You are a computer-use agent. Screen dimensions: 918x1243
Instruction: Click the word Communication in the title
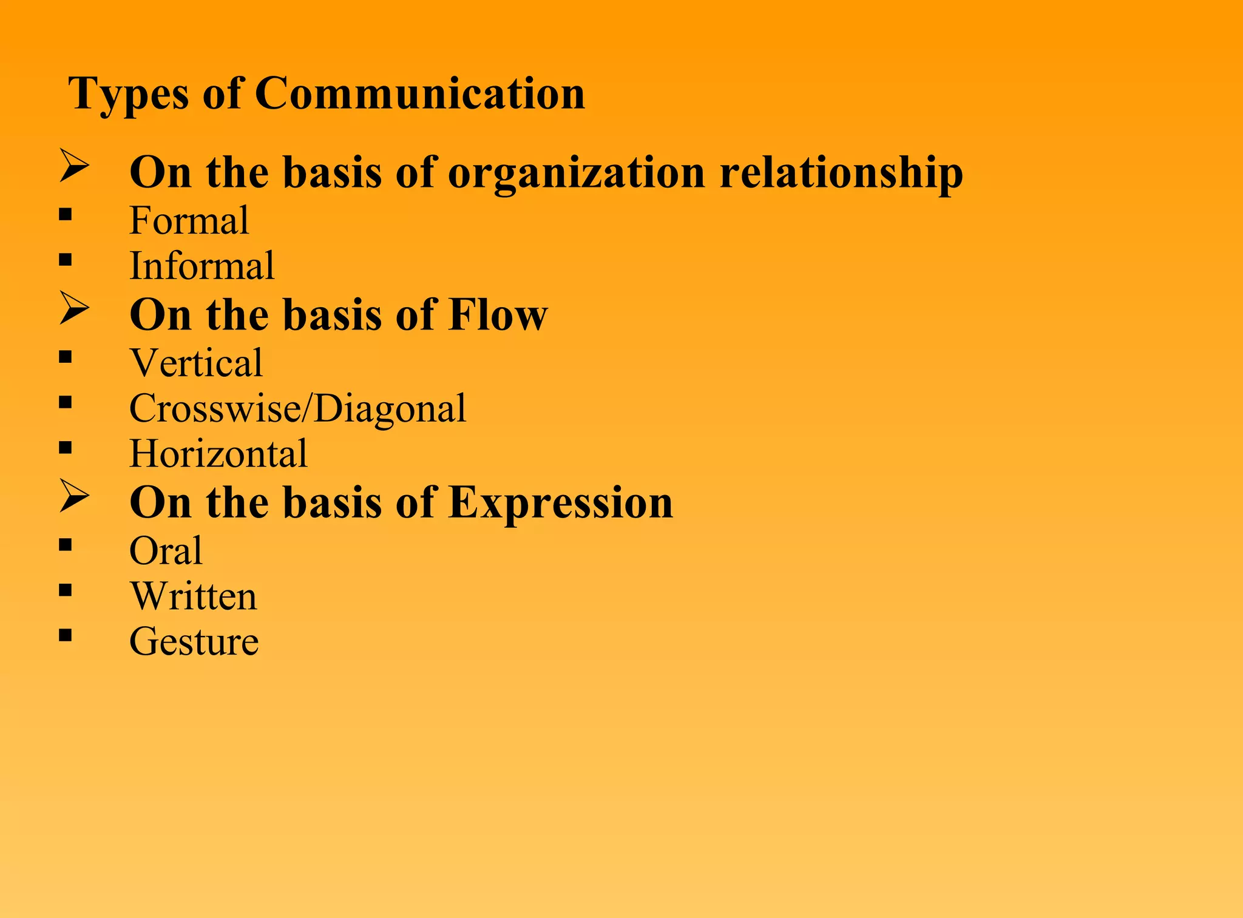419,94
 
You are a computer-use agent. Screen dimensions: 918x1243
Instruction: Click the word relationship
841,174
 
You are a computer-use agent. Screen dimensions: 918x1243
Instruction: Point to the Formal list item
189,220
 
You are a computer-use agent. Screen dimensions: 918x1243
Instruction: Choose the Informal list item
202,266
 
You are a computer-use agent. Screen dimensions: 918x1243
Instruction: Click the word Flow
498,315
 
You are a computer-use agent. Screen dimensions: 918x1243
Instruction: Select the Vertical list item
196,363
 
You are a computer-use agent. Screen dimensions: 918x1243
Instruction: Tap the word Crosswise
215,408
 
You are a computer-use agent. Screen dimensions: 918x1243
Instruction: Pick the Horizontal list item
218,454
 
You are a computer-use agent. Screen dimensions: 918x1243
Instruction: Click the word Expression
561,503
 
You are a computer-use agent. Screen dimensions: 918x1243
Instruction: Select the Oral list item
166,551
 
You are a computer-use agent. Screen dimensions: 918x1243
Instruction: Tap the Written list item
194,596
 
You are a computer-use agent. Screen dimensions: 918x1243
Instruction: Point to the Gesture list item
194,642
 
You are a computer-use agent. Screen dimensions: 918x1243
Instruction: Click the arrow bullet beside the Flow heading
74,309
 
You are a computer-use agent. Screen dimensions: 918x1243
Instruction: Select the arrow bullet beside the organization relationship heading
74,167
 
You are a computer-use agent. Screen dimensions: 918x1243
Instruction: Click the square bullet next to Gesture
66,635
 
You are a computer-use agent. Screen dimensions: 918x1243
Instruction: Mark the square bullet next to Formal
66,214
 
